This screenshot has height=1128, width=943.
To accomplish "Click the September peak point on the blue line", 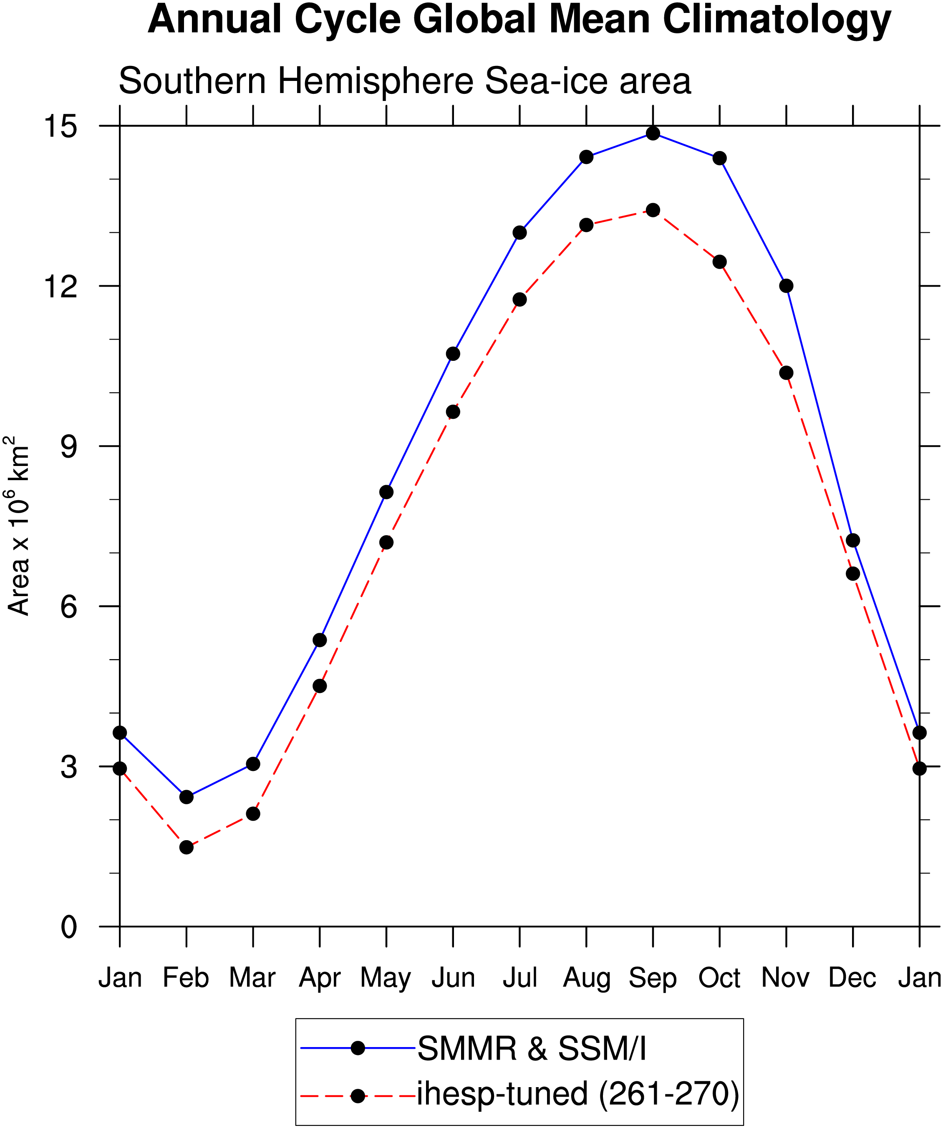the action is pyautogui.click(x=653, y=133).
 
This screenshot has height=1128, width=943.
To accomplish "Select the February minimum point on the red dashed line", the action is pyautogui.click(x=187, y=847).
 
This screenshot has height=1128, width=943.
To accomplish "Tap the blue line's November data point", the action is pyautogui.click(x=786, y=286).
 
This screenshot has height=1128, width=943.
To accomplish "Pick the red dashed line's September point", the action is pyautogui.click(x=653, y=210).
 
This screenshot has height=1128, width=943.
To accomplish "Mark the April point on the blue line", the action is pyautogui.click(x=320, y=640).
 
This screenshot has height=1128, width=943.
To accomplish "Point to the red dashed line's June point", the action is pyautogui.click(x=453, y=412).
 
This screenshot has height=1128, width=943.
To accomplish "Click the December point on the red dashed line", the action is pyautogui.click(x=853, y=574).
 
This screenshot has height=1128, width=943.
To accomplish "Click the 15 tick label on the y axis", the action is pyautogui.click(x=60, y=127).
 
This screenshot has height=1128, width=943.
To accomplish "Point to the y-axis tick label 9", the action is pyautogui.click(x=69, y=446).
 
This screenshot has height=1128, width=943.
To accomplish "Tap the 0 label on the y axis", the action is pyautogui.click(x=69, y=927).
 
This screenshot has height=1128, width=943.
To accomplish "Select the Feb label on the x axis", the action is pyautogui.click(x=186, y=977).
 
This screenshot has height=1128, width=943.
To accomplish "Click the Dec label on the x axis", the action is pyautogui.click(x=852, y=977).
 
